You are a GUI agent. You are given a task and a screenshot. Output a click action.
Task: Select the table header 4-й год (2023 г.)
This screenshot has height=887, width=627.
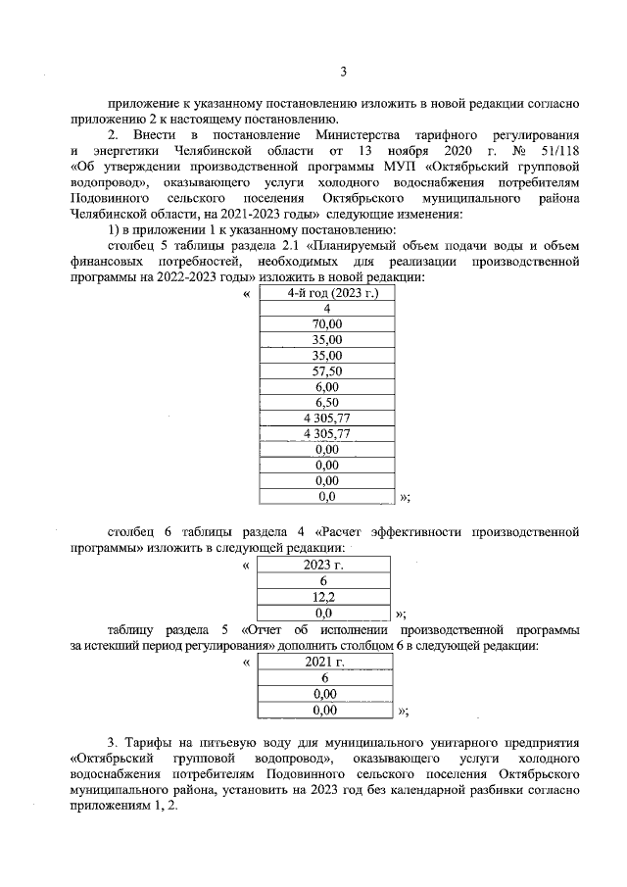[327, 293]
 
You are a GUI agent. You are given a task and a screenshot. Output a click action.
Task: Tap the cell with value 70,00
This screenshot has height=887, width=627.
[327, 323]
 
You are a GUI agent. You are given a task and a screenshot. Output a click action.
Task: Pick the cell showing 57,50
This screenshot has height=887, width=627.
[327, 371]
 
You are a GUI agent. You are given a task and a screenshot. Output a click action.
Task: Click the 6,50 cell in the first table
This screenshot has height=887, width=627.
[327, 403]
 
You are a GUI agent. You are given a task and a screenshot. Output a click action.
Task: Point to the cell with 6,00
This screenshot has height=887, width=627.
[327, 387]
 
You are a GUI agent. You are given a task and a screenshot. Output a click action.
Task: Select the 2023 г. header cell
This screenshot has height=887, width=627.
[323, 565]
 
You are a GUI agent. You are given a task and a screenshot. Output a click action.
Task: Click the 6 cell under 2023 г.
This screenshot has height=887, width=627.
[323, 580]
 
